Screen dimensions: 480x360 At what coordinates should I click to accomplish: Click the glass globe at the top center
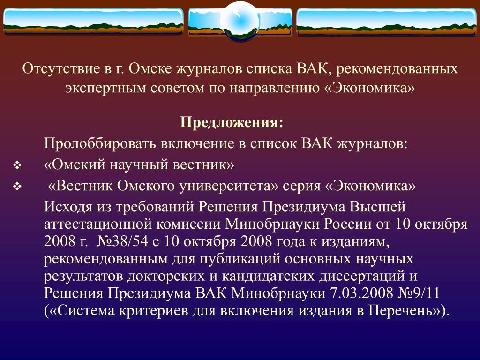[x=240, y=21]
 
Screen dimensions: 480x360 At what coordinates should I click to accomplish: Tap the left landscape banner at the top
[x=93, y=22]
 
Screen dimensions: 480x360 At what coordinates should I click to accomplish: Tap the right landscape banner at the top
[x=387, y=22]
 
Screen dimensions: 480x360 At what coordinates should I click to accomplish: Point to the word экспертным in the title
[x=105, y=88]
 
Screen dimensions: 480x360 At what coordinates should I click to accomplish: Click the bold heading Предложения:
[x=232, y=122]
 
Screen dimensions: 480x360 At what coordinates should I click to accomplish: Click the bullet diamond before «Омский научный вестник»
[x=17, y=165]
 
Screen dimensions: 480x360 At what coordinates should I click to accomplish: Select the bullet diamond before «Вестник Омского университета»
[x=17, y=187]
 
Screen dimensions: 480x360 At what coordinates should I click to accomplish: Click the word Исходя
[x=68, y=207]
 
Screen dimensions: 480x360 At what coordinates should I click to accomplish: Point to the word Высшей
[x=378, y=207]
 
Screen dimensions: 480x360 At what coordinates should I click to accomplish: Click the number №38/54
[x=122, y=241]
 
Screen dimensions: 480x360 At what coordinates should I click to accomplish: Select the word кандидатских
[x=268, y=276]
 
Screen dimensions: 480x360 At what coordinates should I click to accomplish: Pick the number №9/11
[x=419, y=293]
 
